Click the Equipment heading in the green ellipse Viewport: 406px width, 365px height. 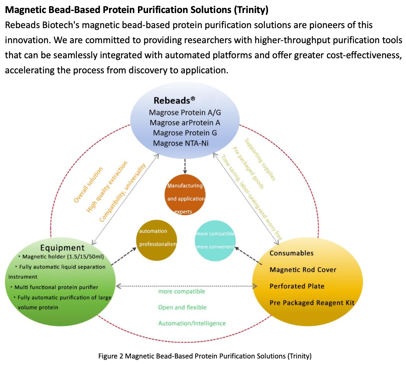62,248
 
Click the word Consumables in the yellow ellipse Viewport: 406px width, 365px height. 291,253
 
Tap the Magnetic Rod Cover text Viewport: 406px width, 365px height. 303,270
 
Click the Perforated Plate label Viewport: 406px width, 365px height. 297,286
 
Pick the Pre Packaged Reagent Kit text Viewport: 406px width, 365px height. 312,303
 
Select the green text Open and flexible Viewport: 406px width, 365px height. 182,307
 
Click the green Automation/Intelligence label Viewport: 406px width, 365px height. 192,323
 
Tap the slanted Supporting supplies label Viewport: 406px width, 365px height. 260,159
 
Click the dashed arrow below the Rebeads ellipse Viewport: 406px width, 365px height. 185,165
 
